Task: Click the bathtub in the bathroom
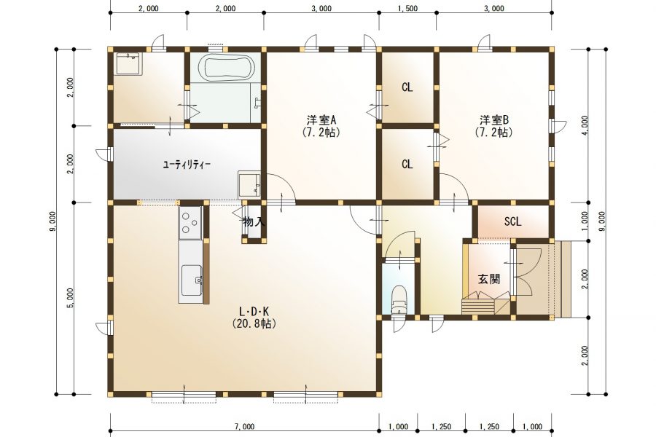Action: coord(226,67)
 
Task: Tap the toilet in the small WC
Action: coord(399,300)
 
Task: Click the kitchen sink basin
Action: coord(192,280)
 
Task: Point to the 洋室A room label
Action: coord(321,120)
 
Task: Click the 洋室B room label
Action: coord(494,120)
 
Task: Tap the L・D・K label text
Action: coord(254,312)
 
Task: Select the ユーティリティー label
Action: coord(186,165)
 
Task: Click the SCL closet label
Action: coord(512,221)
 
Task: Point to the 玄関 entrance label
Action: coord(489,279)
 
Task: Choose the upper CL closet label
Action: coord(407,87)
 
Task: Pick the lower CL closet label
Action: coord(407,165)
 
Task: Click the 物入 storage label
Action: coord(254,221)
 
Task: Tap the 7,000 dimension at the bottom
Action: coord(244,427)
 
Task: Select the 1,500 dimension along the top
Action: coord(407,8)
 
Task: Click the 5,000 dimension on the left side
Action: coord(71,298)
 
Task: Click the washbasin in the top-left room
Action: coord(129,63)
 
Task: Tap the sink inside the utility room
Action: coord(250,184)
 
